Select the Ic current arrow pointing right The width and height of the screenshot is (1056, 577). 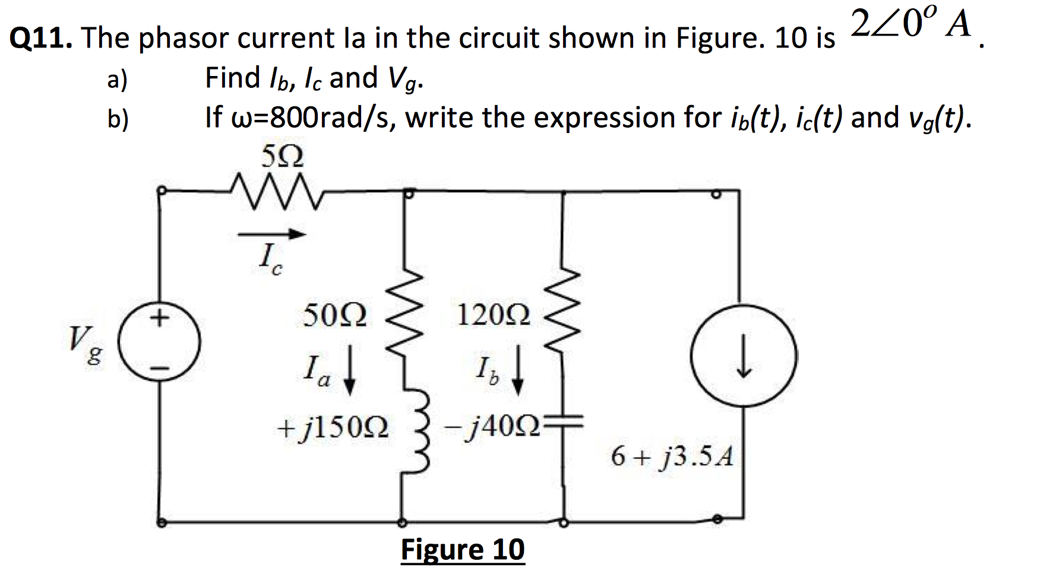coord(271,234)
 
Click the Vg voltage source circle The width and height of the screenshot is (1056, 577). coord(159,344)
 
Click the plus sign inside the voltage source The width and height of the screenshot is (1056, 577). coord(158,319)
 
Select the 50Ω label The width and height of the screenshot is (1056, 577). coord(335,315)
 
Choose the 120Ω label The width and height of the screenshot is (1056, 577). coord(494,315)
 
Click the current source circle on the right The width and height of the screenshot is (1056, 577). coord(744,356)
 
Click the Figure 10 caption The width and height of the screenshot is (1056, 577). coord(463,550)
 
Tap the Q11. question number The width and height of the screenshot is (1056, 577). coord(41,39)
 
